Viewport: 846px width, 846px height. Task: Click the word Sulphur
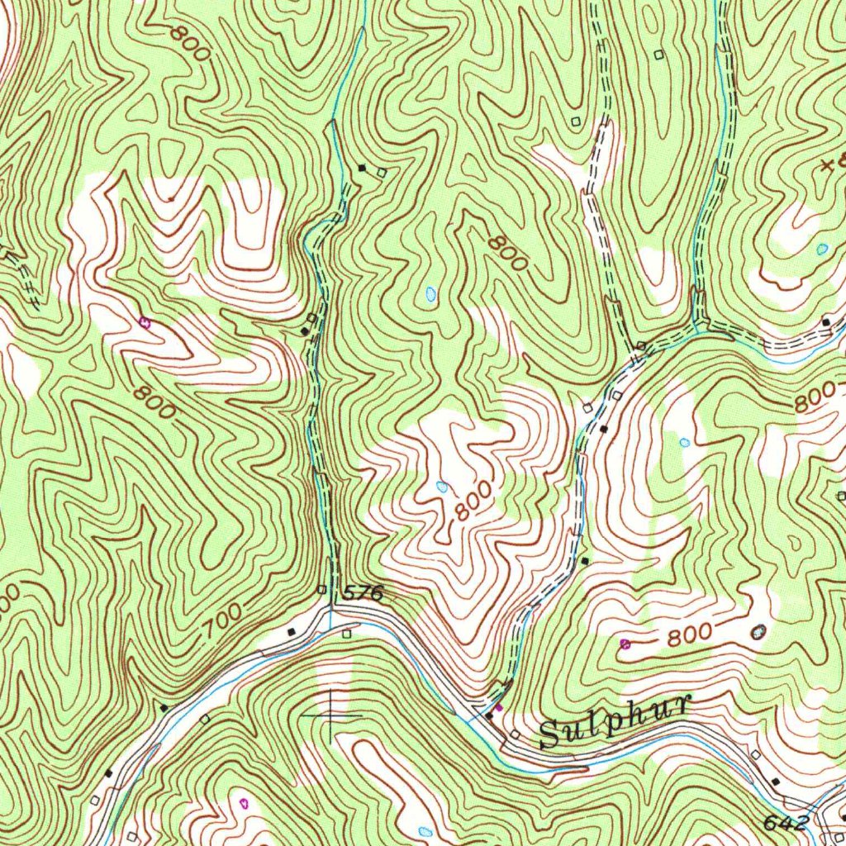(x=614, y=721)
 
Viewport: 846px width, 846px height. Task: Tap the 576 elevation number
(x=363, y=592)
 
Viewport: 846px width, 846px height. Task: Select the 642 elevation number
(x=787, y=823)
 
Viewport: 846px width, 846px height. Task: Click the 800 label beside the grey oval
(x=690, y=634)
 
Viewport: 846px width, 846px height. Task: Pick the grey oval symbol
(x=758, y=631)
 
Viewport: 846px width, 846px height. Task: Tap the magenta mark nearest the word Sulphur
(x=498, y=707)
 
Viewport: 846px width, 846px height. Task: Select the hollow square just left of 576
(x=322, y=589)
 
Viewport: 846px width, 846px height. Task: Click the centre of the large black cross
(x=330, y=713)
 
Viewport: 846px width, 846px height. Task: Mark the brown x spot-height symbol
(x=826, y=166)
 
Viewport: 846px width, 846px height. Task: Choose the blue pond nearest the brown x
(x=821, y=248)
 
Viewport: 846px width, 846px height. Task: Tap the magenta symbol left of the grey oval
(x=625, y=643)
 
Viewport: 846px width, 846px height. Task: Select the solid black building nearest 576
(x=291, y=632)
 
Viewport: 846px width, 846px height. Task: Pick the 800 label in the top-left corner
(x=190, y=43)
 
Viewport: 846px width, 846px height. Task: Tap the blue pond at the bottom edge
(x=425, y=830)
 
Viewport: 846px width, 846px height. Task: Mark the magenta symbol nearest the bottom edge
(x=243, y=802)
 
